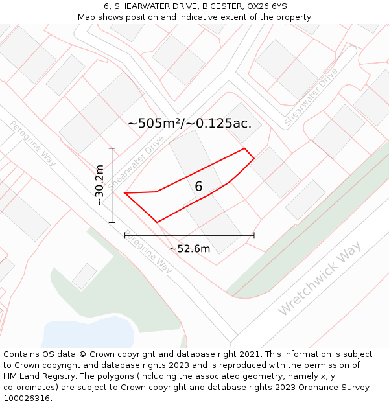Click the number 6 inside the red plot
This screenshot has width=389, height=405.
198,187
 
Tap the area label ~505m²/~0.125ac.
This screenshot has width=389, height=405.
189,123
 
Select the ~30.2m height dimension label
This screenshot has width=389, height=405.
99,185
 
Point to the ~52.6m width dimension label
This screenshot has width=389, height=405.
189,249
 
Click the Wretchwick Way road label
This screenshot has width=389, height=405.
320,279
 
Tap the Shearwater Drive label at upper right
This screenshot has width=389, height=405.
311,97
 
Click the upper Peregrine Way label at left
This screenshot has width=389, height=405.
33,143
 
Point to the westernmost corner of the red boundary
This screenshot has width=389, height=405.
124,193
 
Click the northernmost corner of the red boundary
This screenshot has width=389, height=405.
244,148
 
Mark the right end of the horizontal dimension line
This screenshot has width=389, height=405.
253,235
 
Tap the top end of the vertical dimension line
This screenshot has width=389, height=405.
112,148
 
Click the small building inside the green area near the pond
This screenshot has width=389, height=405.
84,276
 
